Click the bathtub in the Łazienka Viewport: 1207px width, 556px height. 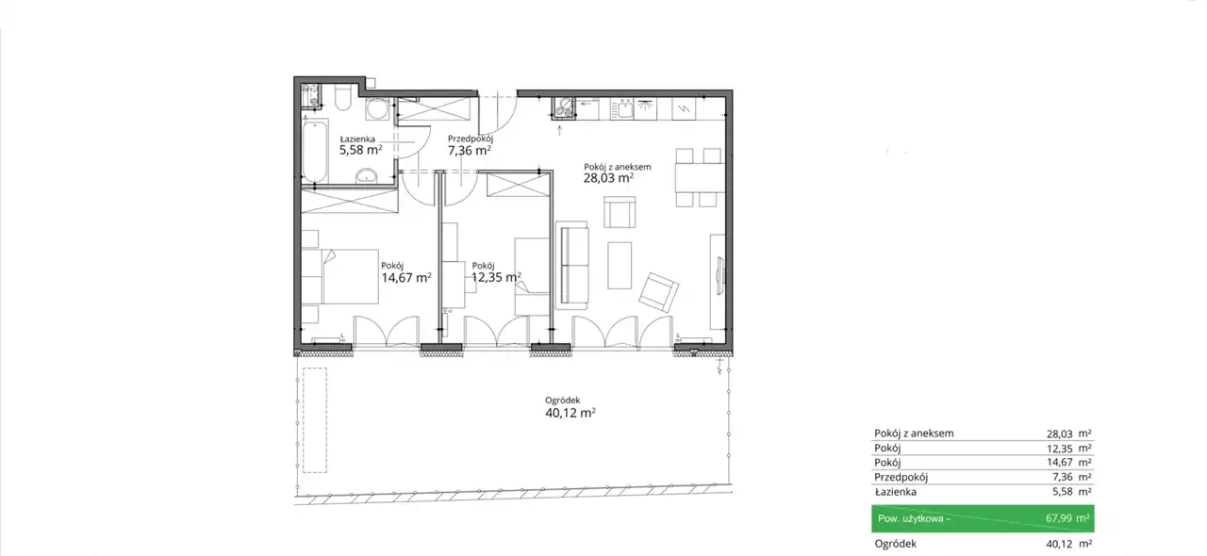coord(315,152)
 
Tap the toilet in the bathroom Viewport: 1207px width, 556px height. coord(343,97)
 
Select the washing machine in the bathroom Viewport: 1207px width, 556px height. coord(376,108)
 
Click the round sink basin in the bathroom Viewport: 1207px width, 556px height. coord(367,175)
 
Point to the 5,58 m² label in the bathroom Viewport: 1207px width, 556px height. coord(360,150)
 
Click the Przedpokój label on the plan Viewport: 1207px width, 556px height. coord(471,139)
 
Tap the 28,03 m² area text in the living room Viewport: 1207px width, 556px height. coord(608,178)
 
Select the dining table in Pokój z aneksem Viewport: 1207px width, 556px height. coord(700,177)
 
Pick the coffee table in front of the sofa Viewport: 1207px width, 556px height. coord(620,265)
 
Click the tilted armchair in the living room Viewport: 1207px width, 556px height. coord(658,292)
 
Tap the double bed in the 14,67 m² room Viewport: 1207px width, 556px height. coord(339,276)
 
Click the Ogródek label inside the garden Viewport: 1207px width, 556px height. coord(563,401)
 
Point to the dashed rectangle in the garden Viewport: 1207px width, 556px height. coord(315,420)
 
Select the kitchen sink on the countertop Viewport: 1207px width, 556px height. coord(625,109)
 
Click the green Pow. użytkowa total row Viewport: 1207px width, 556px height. coord(983,518)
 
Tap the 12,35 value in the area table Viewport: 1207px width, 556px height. coord(1059,449)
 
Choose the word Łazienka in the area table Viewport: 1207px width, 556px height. coord(895,491)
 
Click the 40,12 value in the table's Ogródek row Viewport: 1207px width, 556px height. coord(1059,544)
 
